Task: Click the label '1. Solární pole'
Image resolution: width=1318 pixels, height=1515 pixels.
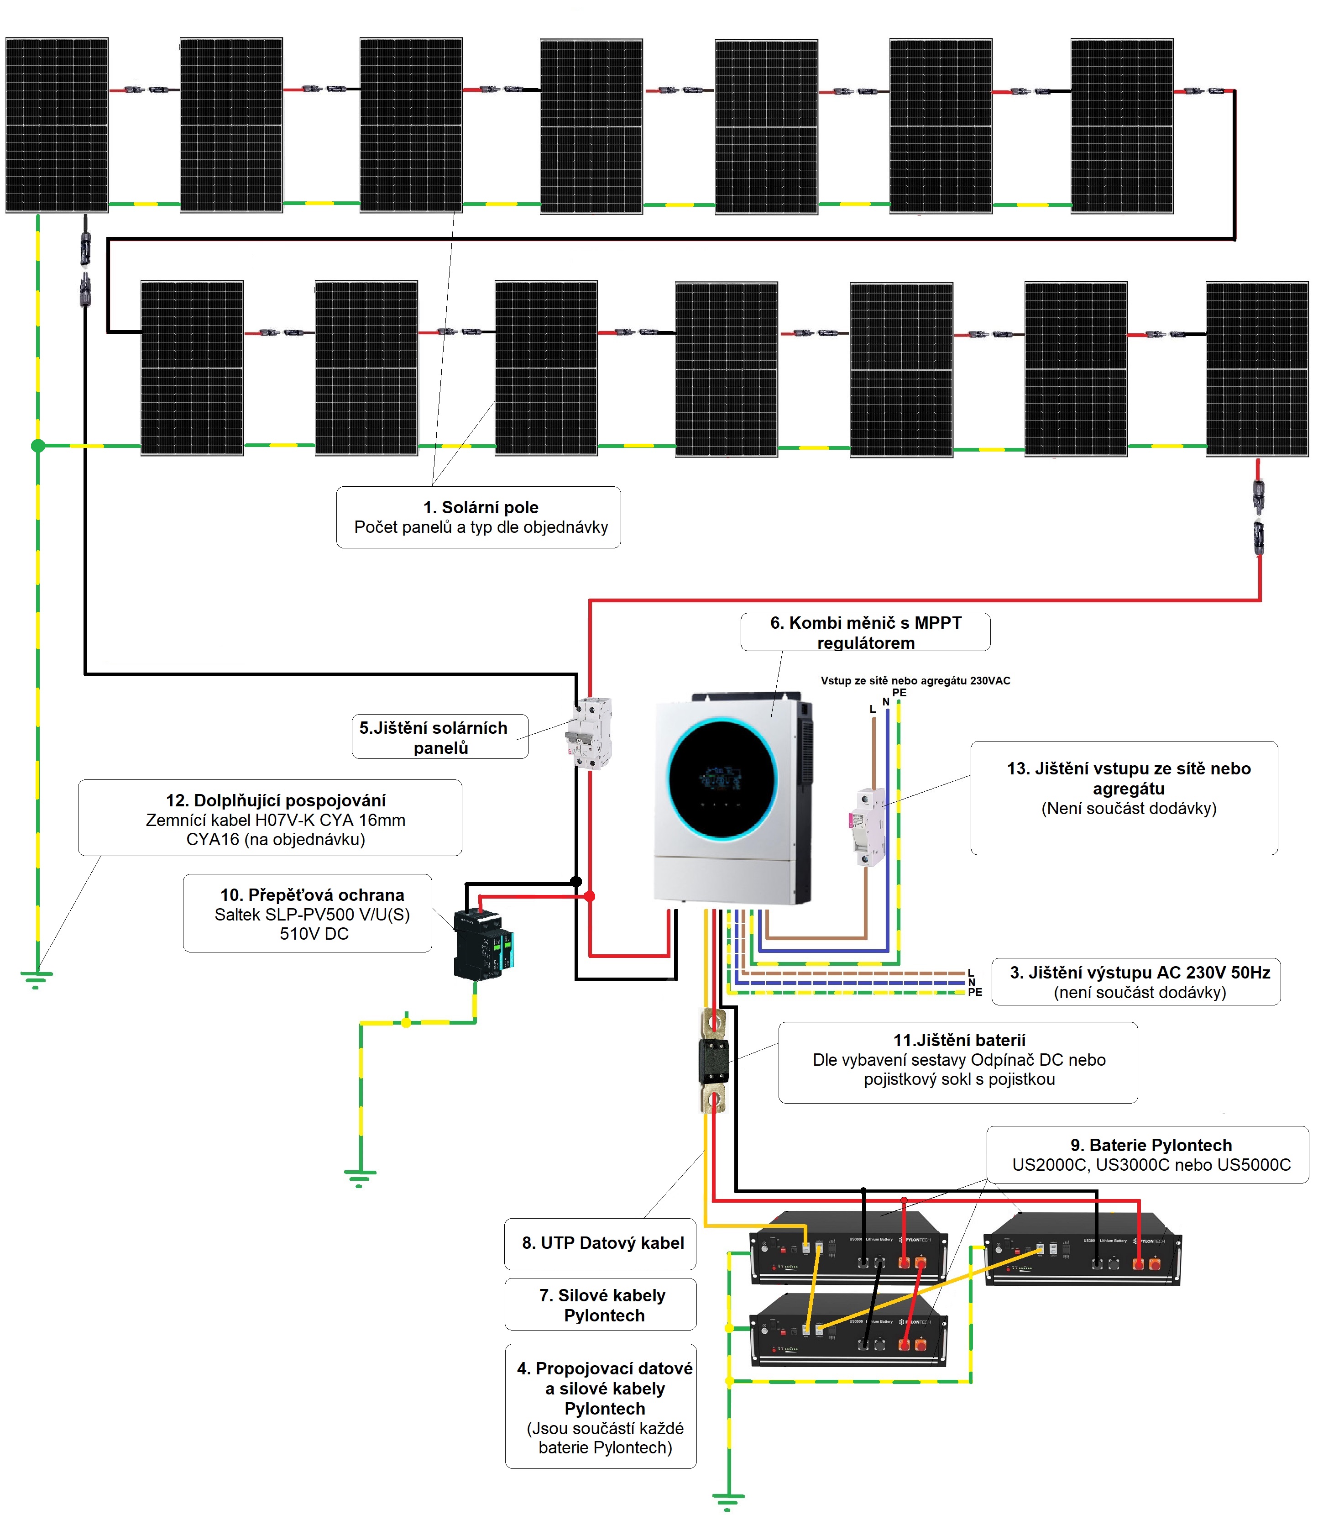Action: point(480,507)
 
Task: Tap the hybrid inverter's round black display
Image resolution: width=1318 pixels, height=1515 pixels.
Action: point(722,779)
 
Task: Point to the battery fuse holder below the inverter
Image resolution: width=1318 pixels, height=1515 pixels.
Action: point(713,1060)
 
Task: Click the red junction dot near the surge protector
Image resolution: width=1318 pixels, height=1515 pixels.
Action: point(589,896)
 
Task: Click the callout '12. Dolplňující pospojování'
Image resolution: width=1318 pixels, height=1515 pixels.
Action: point(275,800)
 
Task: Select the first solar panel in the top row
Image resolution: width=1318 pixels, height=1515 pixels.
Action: point(57,125)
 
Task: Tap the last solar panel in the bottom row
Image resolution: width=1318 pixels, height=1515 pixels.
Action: point(1256,368)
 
